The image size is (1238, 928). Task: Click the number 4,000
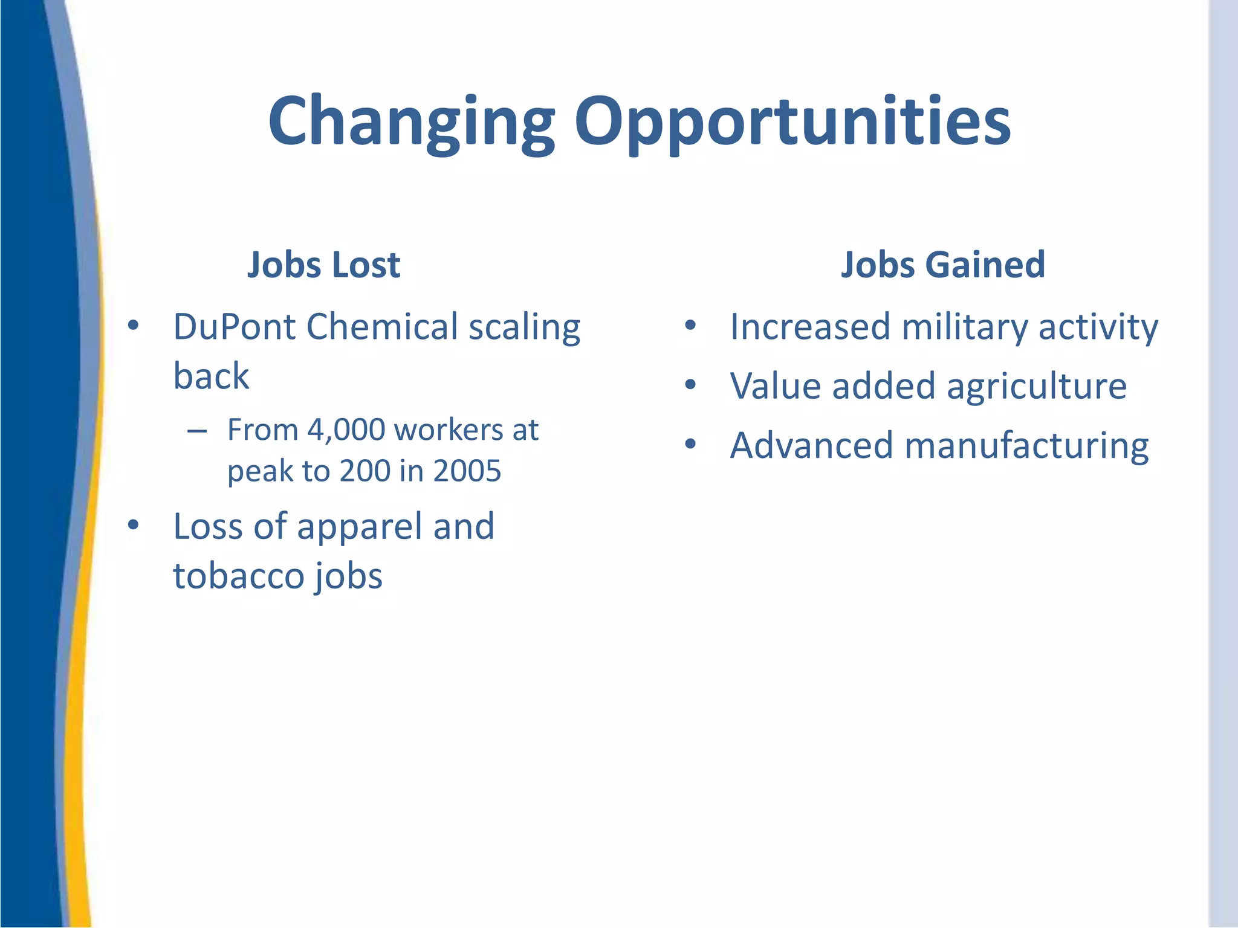[346, 430]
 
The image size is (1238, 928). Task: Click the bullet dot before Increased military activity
[690, 326]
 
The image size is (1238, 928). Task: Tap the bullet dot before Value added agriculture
[690, 385]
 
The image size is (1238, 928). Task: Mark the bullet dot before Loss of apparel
[134, 524]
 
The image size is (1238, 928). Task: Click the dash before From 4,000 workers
[197, 431]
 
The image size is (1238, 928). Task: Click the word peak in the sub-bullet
[259, 472]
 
